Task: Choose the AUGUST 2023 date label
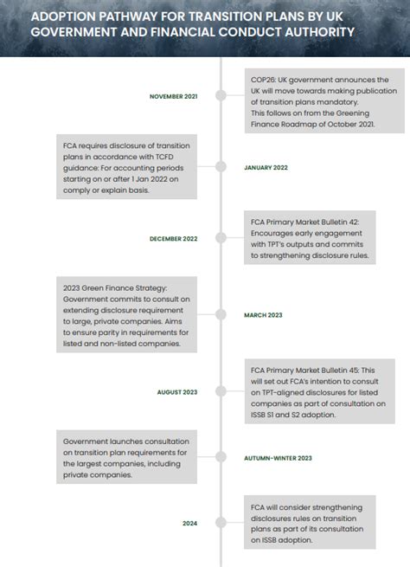point(176,392)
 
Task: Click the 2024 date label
point(189,523)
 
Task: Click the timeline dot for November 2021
point(222,96)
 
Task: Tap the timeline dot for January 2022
point(222,167)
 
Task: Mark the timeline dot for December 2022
point(222,238)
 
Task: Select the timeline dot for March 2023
point(222,315)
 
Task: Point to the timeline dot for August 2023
point(222,392)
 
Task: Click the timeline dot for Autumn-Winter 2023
point(222,457)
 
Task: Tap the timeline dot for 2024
point(222,523)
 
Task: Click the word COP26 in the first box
point(263,80)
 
